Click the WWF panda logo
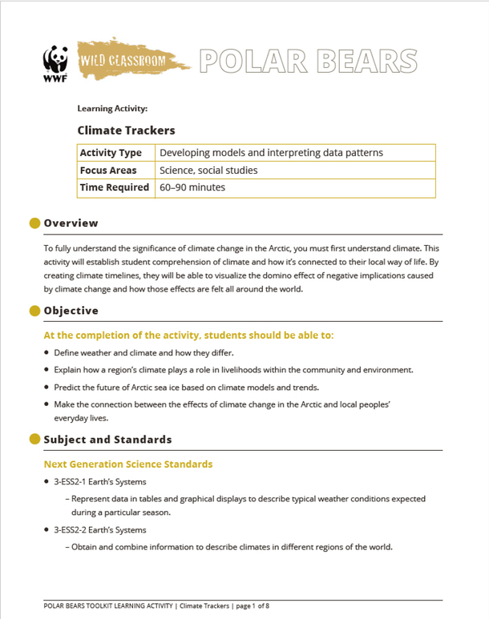(55, 64)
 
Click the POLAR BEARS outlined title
(308, 61)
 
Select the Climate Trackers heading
(126, 130)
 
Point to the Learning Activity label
(111, 108)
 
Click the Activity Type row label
(111, 153)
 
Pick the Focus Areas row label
(108, 171)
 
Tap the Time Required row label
(115, 187)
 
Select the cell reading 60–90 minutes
(192, 187)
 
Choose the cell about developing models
(271, 153)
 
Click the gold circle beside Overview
(34, 223)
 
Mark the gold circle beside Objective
(34, 310)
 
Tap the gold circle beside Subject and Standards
(34, 439)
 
